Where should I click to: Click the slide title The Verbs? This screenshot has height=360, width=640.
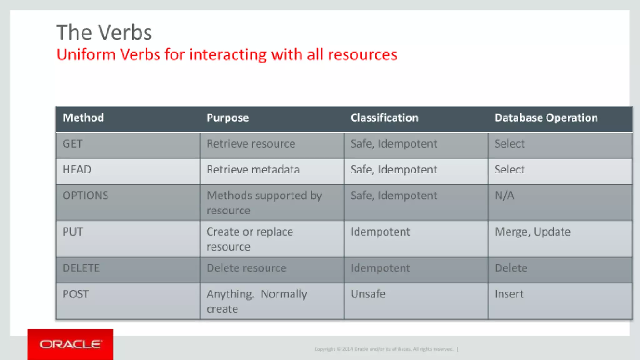pos(104,32)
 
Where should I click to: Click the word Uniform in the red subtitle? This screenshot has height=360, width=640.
pos(86,55)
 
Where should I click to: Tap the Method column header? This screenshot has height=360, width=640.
pos(83,118)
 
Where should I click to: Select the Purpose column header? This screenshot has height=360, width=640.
pos(227,118)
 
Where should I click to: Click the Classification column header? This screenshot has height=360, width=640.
pos(384,118)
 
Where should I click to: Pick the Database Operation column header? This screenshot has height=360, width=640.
pos(546,118)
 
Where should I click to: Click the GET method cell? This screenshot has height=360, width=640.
pos(72,144)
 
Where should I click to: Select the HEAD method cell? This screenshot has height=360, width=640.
pos(77,170)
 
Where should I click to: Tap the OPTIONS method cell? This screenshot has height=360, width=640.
pos(85,196)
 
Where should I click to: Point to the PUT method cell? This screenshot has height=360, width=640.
pos(73,232)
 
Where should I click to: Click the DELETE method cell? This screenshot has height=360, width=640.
pos(81,268)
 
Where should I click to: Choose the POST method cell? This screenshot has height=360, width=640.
pos(76,294)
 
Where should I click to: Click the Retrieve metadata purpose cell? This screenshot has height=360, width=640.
pos(253,170)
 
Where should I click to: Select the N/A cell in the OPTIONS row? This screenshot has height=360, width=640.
pos(504,196)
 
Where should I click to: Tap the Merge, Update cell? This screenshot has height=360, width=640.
pos(532,232)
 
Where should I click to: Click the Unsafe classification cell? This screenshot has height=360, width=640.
pos(368,294)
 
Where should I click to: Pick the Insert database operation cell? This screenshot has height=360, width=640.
pos(509,294)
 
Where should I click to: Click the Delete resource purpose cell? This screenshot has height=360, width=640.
pos(246,268)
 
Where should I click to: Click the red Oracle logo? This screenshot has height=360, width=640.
pos(70,344)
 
